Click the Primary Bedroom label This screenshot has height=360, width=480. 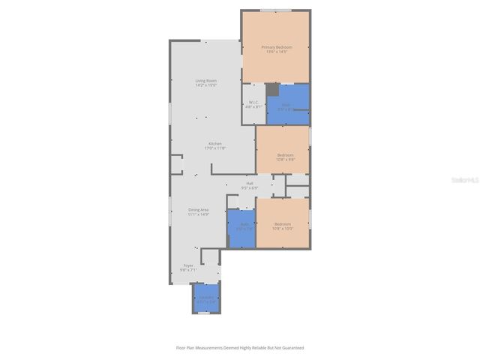tap(275, 47)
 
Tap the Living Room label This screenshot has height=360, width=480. tap(206, 80)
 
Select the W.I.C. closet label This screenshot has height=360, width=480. tap(253, 102)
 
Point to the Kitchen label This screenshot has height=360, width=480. tap(215, 143)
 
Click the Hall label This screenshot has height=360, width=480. tap(249, 183)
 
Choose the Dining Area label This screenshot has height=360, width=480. tap(199, 209)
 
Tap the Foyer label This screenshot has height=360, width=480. tap(188, 265)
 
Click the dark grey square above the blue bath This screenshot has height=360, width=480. tap(271, 89)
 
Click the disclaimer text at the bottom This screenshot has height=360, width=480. tap(240, 348)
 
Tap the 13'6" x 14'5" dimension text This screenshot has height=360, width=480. tap(275, 52)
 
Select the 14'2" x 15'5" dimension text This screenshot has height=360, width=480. tap(206, 85)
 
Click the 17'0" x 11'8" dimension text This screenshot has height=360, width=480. tap(215, 148)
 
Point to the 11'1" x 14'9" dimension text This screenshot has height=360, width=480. tap(199, 214)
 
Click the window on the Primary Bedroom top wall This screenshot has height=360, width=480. tap(274, 10)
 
